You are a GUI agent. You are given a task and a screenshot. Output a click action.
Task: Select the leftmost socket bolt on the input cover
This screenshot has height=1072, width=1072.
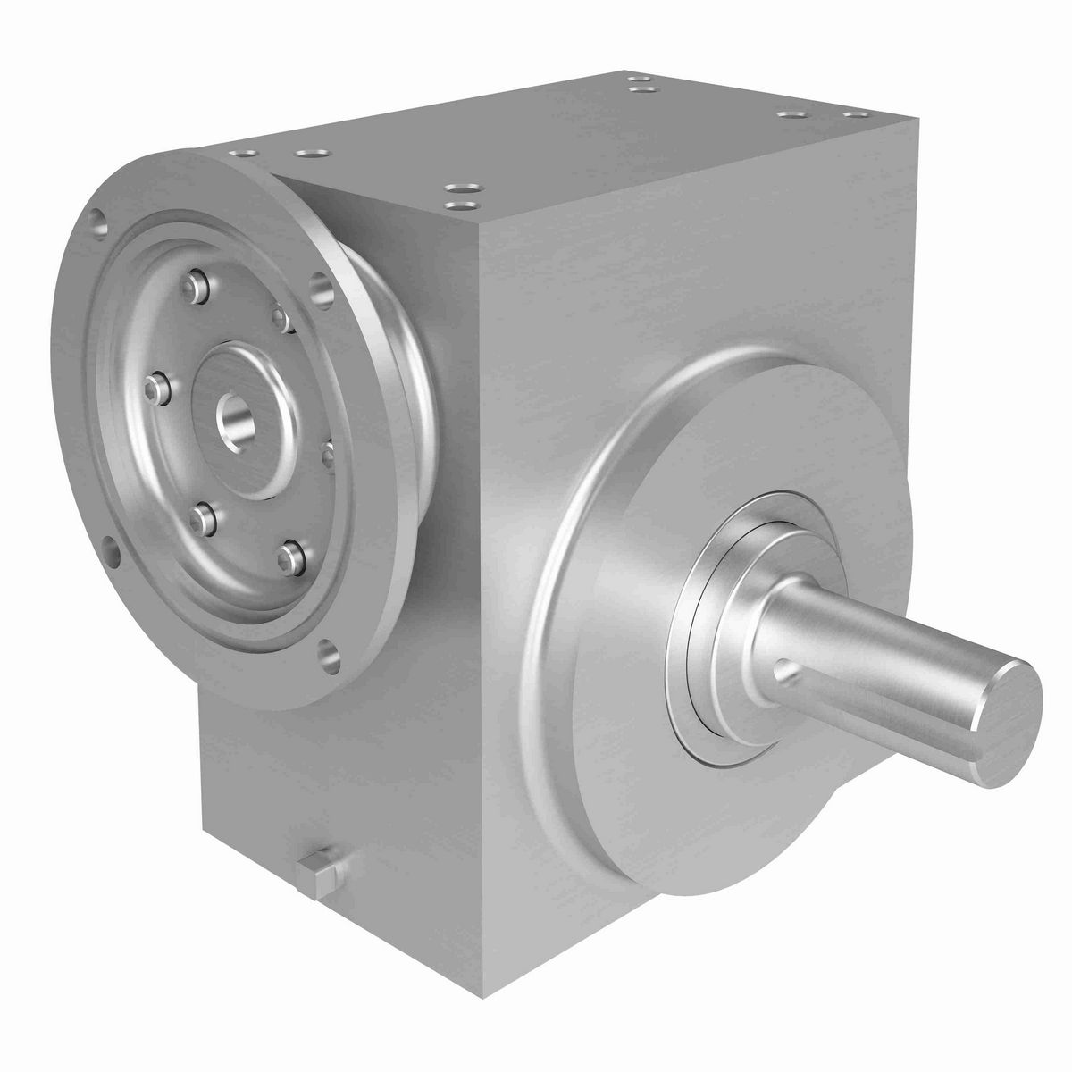point(157,385)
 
